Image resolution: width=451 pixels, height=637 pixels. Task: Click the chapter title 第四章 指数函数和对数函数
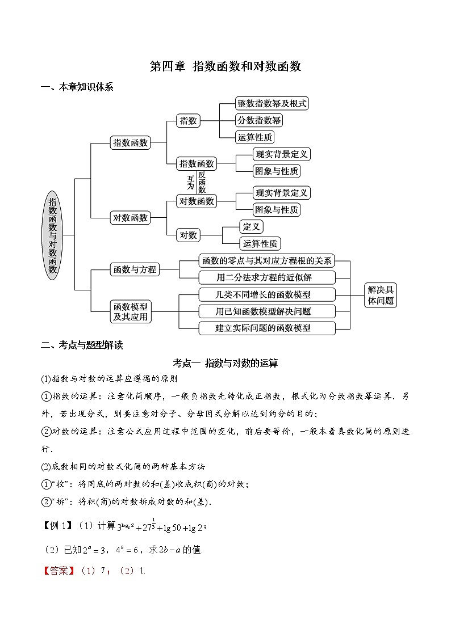(225, 66)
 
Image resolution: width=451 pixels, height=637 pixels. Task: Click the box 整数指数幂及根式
(272, 103)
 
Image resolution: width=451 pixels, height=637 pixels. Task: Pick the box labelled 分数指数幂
(258, 120)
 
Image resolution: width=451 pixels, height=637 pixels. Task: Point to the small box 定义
(251, 227)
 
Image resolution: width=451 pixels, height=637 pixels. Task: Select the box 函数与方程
(135, 269)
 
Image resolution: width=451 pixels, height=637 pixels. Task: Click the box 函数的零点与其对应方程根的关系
(266, 261)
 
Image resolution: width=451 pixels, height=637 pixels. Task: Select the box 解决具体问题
(380, 295)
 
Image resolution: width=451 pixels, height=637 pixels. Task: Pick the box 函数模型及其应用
(130, 311)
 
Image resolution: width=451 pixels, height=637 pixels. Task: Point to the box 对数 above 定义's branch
(188, 235)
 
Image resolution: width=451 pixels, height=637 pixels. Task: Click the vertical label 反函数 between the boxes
(202, 183)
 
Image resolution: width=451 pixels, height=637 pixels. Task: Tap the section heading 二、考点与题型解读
(82, 345)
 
